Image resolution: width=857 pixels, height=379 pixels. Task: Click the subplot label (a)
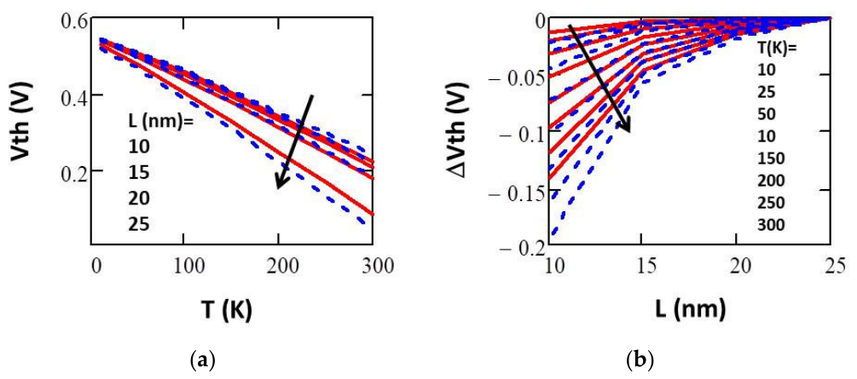pos(200,360)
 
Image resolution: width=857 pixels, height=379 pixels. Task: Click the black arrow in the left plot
pos(295,141)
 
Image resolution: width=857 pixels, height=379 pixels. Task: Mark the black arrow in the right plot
pos(599,78)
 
